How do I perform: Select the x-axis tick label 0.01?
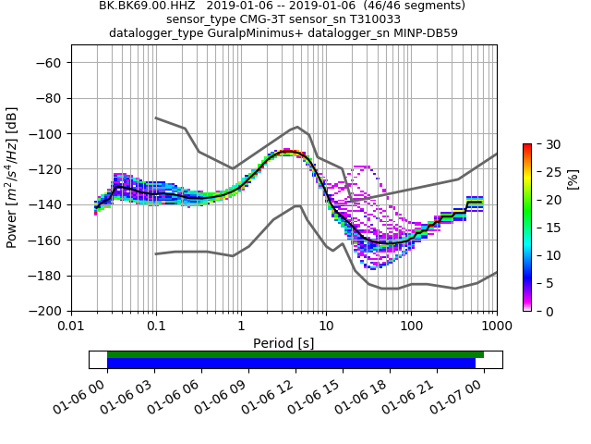click(x=71, y=327)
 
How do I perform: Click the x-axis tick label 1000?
click(x=497, y=327)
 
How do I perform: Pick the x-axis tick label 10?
click(x=326, y=327)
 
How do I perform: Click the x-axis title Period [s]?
click(x=283, y=343)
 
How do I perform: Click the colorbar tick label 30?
click(x=546, y=144)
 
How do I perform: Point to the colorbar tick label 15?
click(x=546, y=228)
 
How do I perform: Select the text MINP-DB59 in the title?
click(x=424, y=32)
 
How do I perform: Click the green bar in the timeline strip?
click(x=295, y=354)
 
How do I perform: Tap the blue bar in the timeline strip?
click(x=291, y=364)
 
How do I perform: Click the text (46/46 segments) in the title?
click(x=406, y=6)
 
